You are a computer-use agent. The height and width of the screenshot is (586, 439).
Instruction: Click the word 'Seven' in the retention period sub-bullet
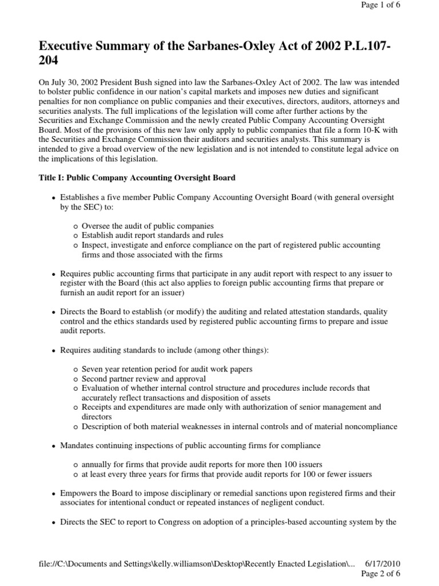coord(93,369)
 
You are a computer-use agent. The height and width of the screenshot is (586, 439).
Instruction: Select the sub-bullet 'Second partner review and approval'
coord(144,379)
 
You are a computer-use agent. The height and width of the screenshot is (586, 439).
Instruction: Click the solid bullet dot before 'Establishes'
coord(54,197)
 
